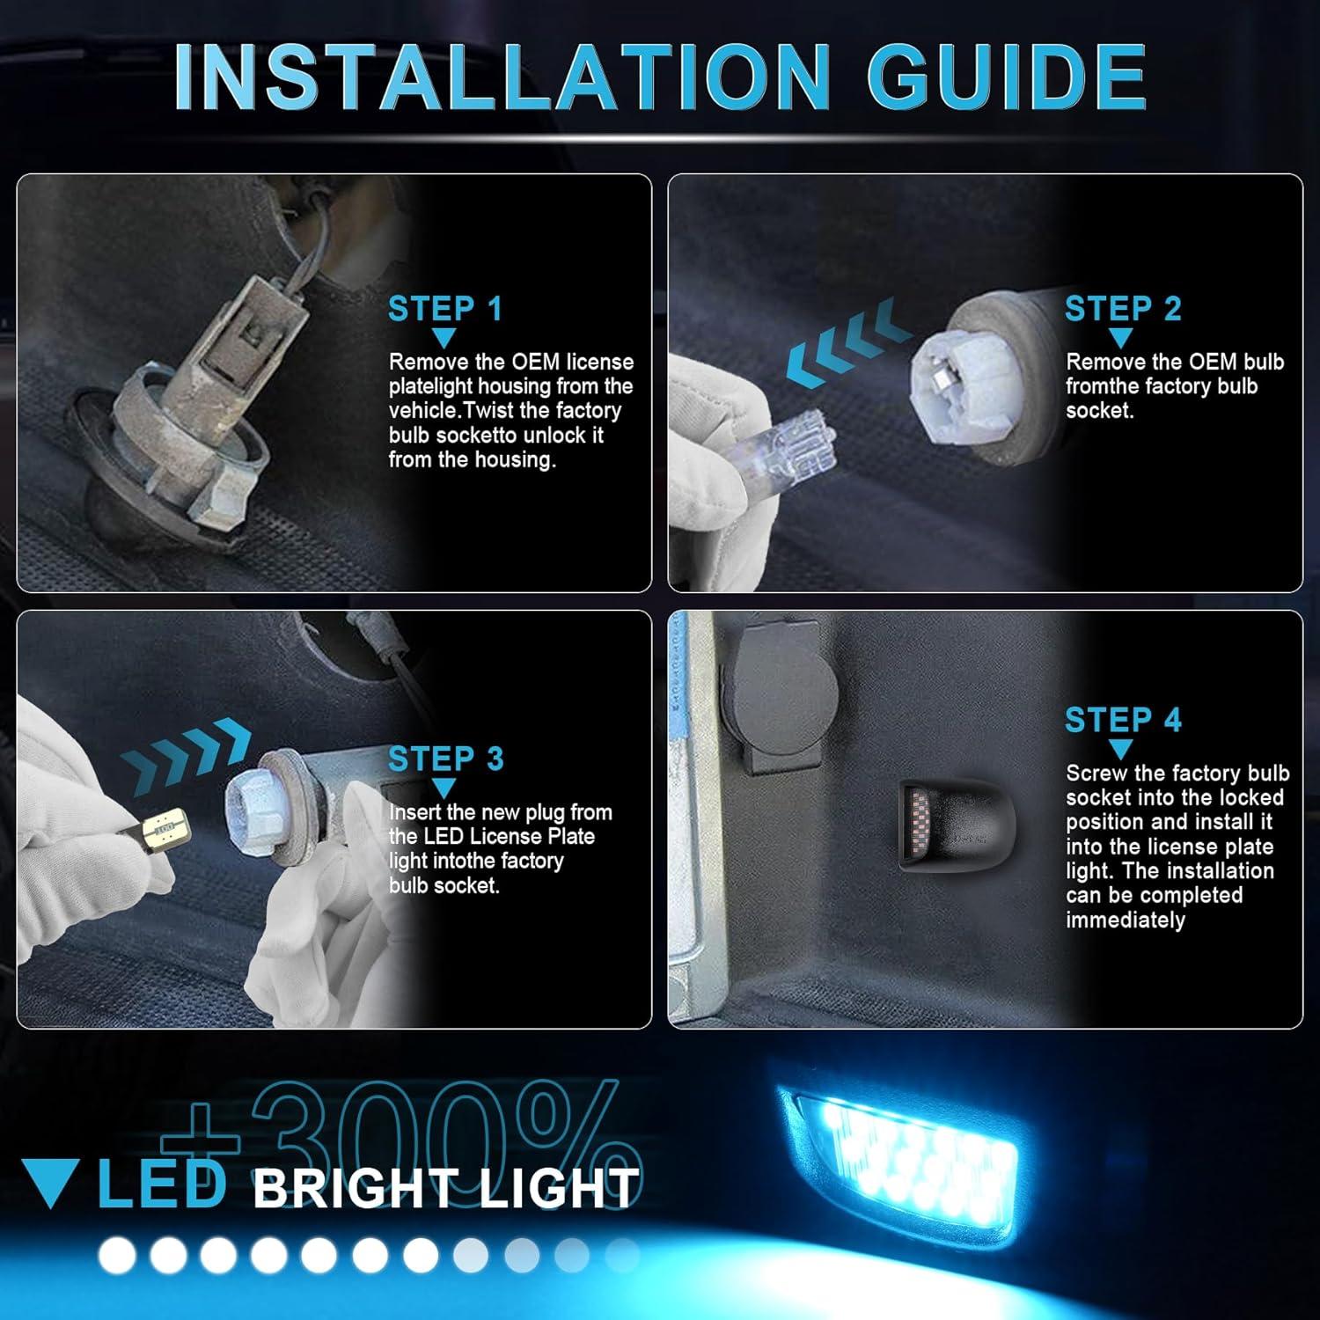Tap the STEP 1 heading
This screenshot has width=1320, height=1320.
[444, 309]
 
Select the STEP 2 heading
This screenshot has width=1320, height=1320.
[1122, 309]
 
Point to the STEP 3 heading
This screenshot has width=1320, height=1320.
[445, 759]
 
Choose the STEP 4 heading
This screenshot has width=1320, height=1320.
[1122, 720]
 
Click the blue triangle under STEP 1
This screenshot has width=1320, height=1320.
[444, 338]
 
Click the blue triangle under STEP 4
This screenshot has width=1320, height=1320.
[1120, 750]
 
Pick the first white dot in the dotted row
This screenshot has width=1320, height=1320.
[116, 1256]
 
